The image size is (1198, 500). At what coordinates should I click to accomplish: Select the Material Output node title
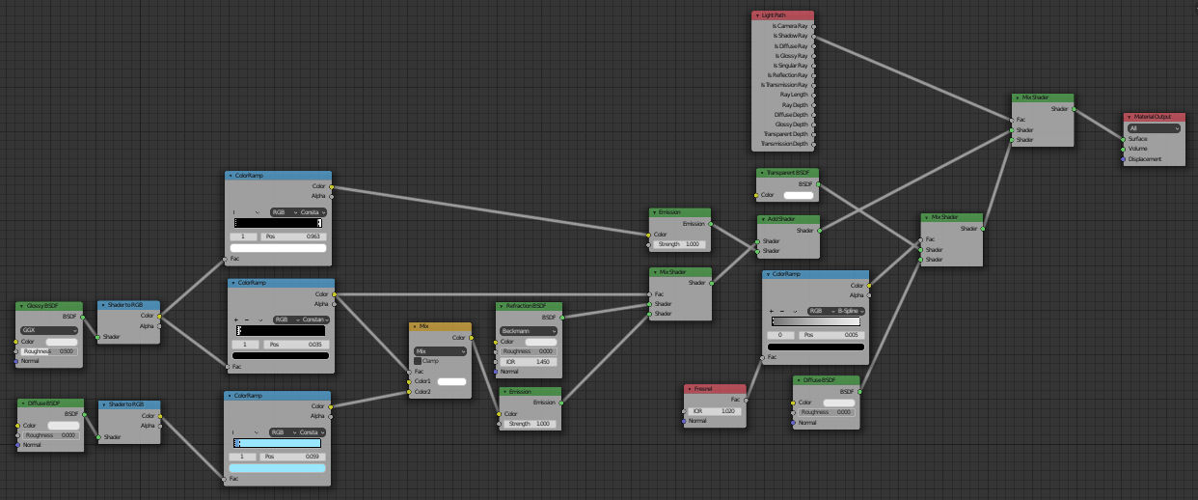(1154, 117)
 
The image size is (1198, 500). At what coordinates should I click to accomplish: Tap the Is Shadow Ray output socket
(813, 36)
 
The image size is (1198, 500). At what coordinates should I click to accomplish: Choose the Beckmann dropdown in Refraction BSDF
(528, 330)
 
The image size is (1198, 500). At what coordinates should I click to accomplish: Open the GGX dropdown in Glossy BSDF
(48, 330)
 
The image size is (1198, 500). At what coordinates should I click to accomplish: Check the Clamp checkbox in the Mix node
(418, 361)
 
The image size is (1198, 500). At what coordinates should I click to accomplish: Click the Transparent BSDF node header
(788, 173)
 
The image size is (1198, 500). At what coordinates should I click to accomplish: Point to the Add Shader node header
(788, 219)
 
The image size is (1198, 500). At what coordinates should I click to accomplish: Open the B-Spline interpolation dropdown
(836, 311)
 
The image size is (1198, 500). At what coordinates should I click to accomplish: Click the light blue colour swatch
(279, 467)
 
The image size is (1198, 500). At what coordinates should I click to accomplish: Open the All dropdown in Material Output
(1154, 127)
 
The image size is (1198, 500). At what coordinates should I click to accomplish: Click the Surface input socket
(1124, 139)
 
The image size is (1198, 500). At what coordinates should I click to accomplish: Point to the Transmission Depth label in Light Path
(784, 144)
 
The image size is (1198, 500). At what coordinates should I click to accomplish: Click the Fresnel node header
(716, 388)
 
